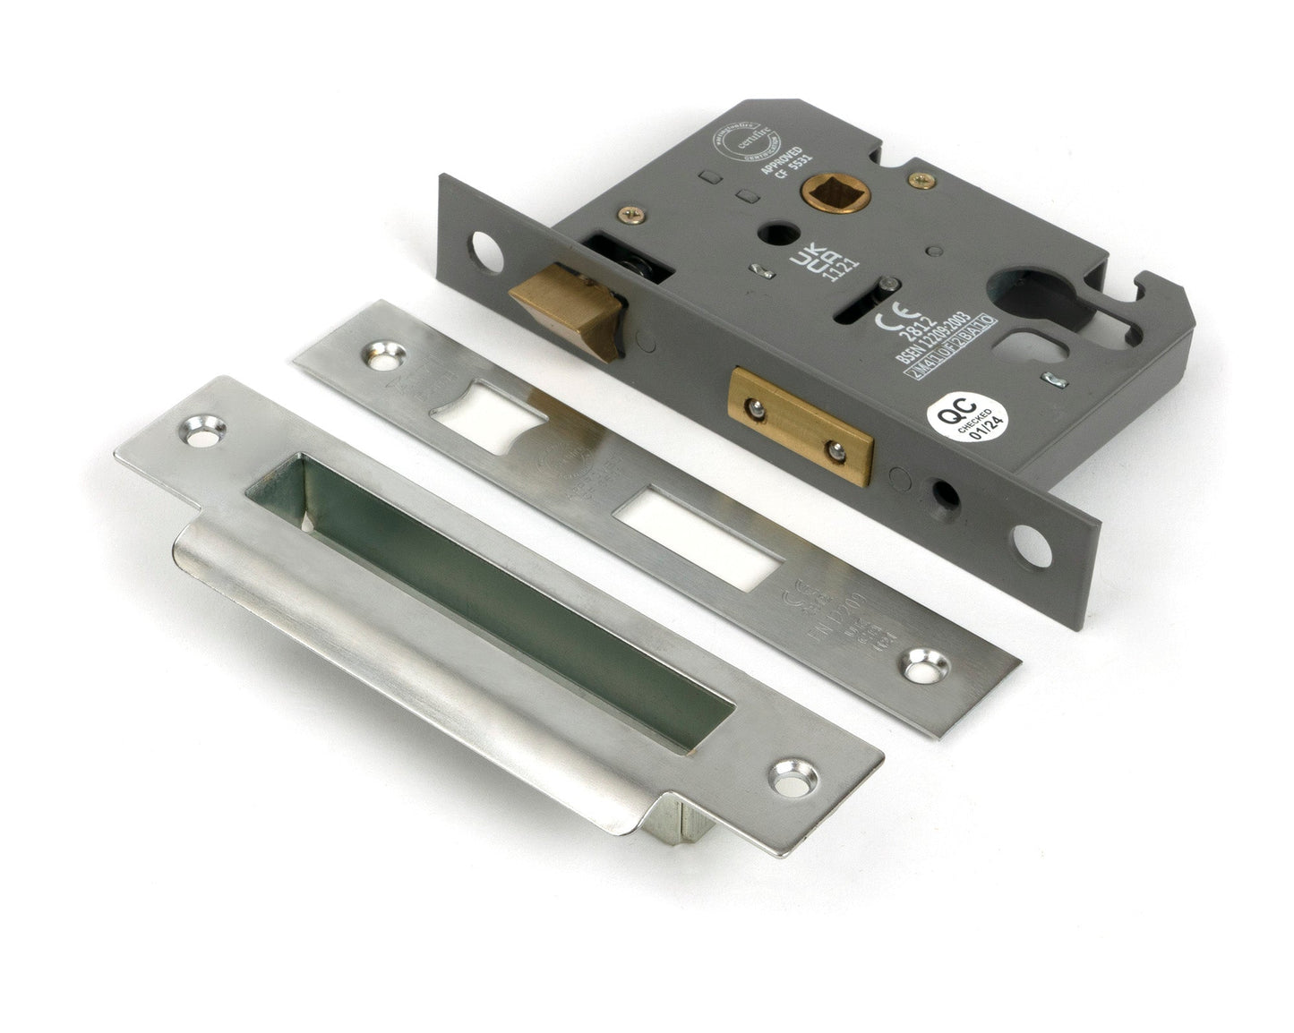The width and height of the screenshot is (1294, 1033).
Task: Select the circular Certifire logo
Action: coord(745,142)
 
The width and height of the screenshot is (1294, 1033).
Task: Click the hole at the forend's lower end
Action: coord(1033,545)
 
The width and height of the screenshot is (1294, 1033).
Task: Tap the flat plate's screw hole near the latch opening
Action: coord(384,357)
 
